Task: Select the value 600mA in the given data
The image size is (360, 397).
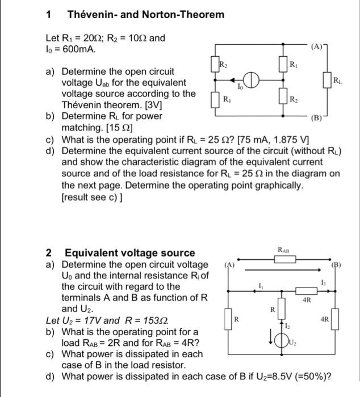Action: click(79, 49)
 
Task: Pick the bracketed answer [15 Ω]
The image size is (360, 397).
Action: click(108, 128)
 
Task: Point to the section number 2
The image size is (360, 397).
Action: click(49, 253)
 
